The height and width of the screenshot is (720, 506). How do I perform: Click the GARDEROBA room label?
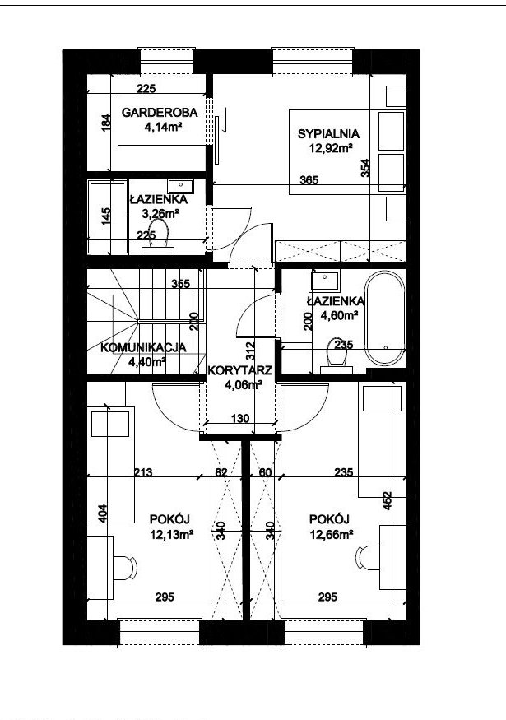160,113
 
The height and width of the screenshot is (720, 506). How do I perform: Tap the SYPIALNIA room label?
328,134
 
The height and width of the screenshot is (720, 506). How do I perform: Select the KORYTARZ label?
240,370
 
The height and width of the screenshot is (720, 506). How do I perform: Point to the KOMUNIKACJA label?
143,347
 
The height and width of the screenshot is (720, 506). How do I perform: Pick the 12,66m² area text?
331,535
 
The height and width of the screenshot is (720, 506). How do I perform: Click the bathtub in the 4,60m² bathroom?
385,318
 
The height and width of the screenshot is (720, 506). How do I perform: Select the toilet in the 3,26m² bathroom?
159,236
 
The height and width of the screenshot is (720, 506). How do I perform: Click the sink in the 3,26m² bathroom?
180,186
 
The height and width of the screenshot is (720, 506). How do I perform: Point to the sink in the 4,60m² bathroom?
325,279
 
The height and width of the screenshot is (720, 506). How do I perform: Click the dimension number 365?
309,180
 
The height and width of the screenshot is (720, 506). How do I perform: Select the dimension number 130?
240,418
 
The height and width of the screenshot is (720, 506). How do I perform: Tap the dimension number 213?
143,472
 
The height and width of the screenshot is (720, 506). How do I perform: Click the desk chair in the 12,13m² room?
125,568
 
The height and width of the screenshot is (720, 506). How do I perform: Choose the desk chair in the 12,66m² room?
367,557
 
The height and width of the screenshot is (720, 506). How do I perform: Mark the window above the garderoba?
167,61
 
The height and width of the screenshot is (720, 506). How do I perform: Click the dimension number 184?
106,123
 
